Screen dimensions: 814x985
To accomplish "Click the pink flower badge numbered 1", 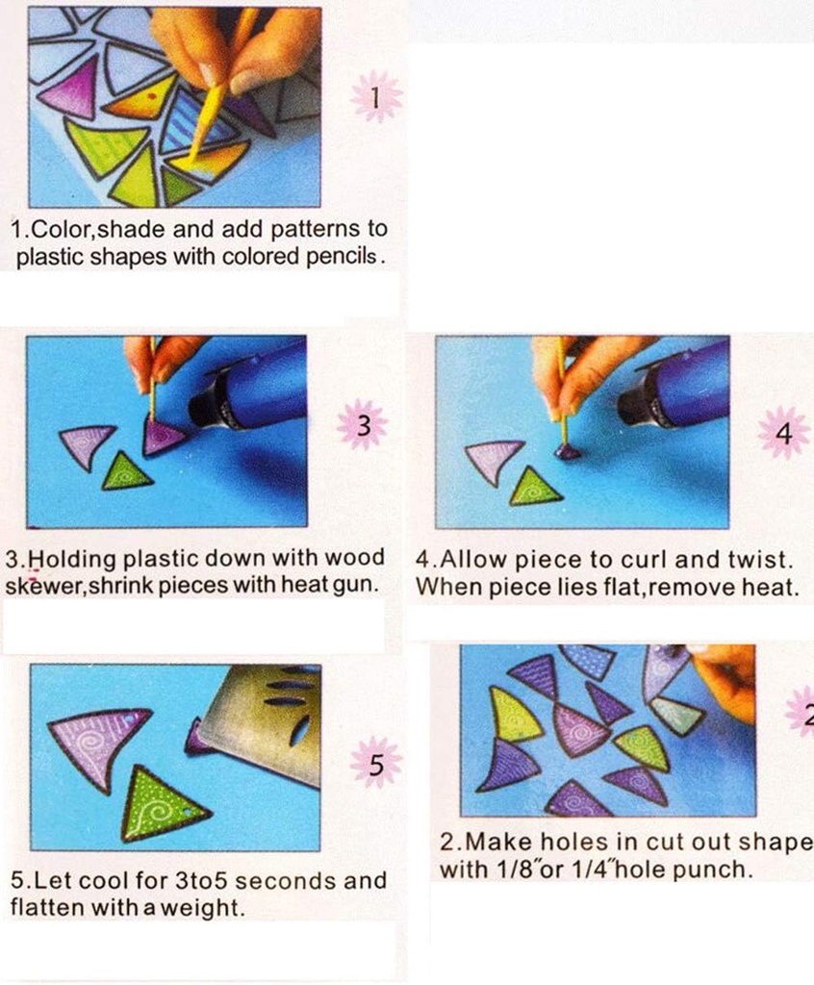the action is tap(376, 97).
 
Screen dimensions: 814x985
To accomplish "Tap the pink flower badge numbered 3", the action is tap(363, 425).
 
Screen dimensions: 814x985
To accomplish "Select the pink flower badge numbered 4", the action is tap(784, 432).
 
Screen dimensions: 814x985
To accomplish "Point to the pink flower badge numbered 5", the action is tap(375, 763).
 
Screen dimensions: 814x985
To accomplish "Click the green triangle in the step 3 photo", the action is tap(125, 472).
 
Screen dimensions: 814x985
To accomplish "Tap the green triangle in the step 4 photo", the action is tap(534, 488).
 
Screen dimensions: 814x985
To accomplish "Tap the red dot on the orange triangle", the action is tap(149, 98).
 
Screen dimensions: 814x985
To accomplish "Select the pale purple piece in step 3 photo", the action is tap(87, 443).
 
